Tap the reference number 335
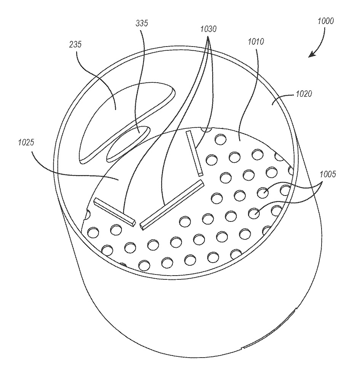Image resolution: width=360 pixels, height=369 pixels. tap(142, 23)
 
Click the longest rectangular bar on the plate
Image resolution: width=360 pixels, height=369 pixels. tap(171, 205)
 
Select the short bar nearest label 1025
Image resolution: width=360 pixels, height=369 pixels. tap(115, 211)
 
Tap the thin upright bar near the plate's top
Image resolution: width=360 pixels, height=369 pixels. tap(194, 152)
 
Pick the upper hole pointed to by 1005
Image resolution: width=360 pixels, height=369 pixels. tap(262, 192)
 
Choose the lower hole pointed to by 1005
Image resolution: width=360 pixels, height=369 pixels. tap(254, 213)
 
